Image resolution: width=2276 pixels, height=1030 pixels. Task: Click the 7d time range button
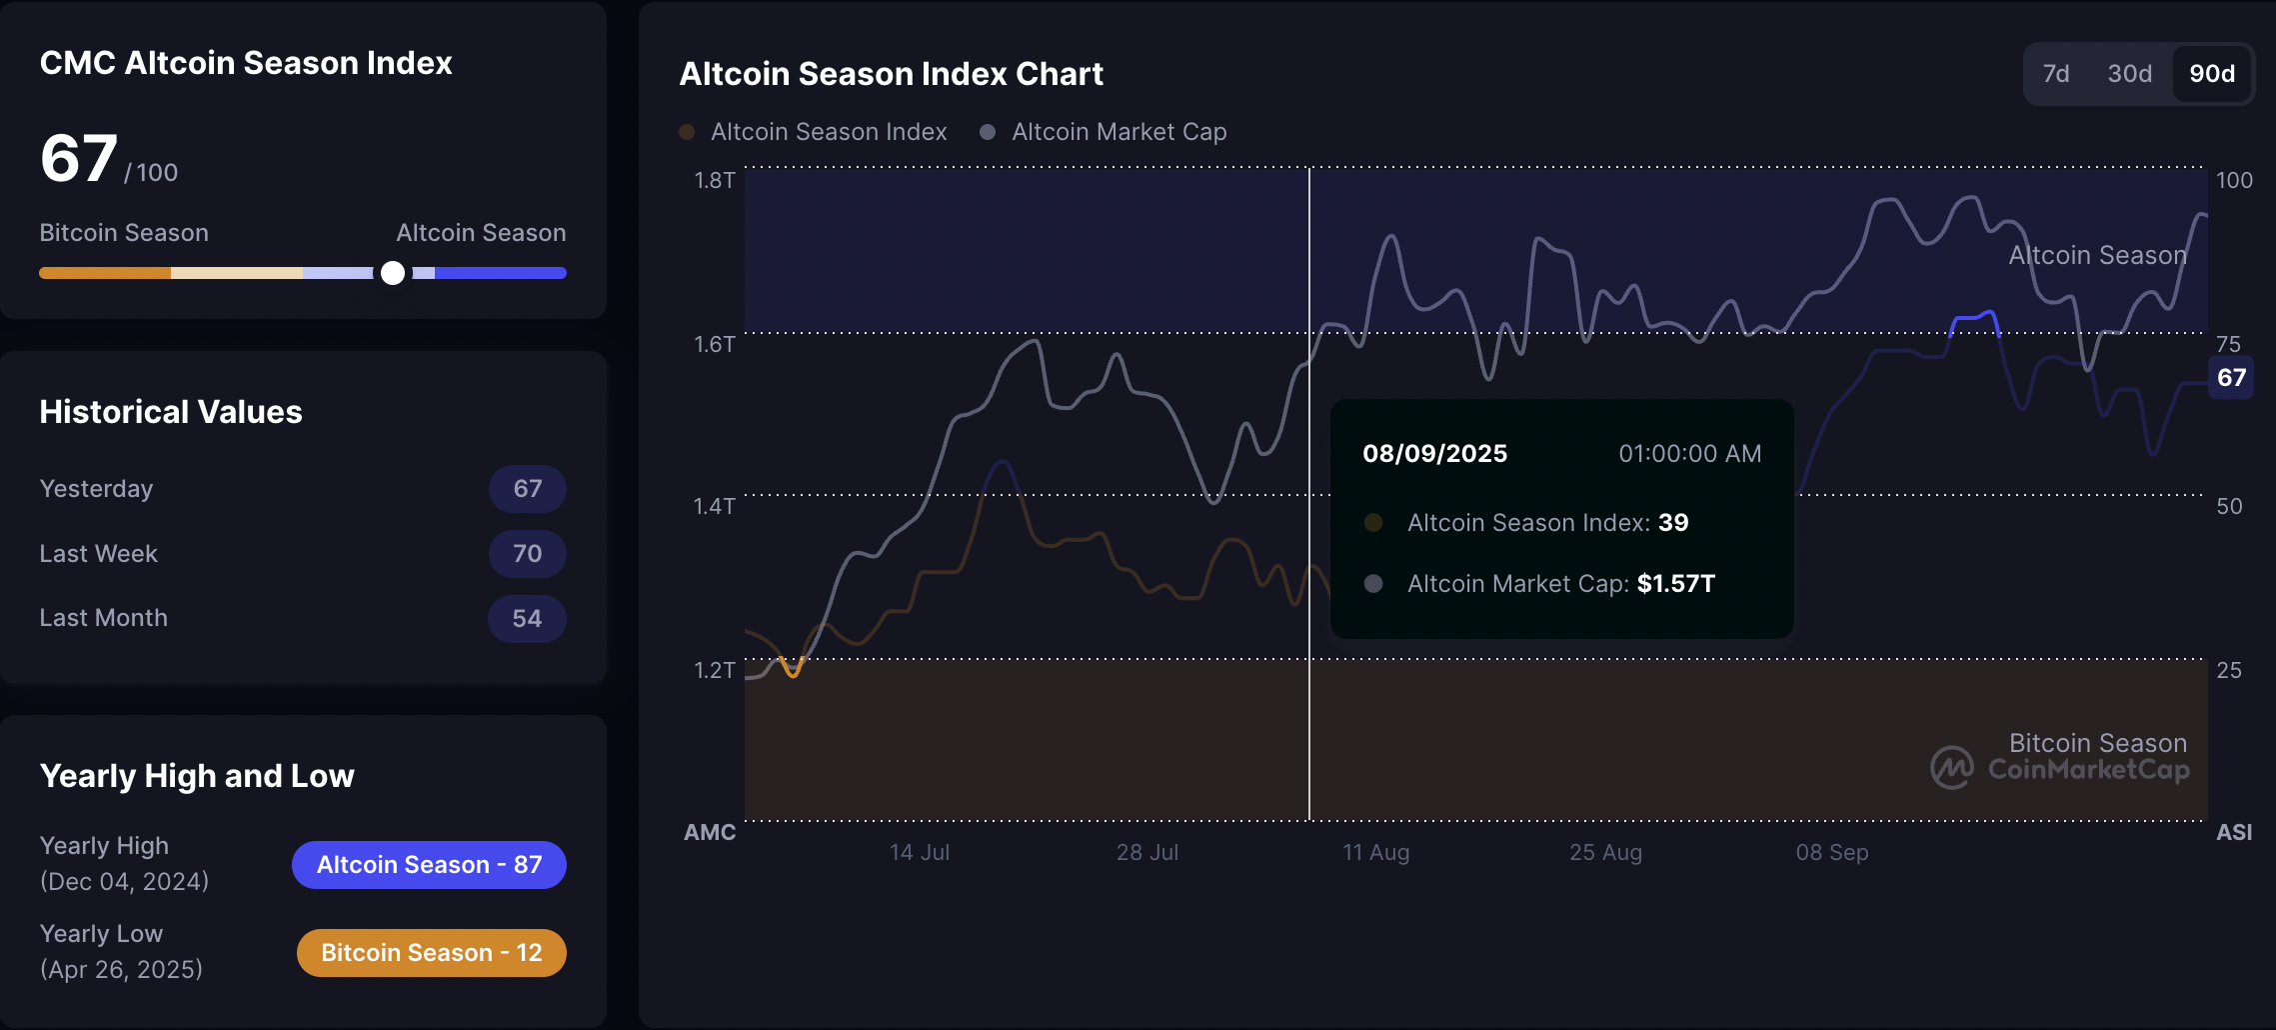click(x=2055, y=74)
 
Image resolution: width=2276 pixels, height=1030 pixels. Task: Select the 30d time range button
click(x=2129, y=74)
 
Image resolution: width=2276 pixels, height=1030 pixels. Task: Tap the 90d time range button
click(x=2211, y=74)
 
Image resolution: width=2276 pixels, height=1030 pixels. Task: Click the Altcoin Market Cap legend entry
click(x=1118, y=132)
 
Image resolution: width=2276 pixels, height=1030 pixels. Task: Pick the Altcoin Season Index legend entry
click(x=828, y=132)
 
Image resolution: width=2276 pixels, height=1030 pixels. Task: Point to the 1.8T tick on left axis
click(x=714, y=181)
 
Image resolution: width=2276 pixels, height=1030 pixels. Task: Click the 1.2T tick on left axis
click(x=714, y=670)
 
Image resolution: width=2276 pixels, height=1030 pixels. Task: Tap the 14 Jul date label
click(x=919, y=853)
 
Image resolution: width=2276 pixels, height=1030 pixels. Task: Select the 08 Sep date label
click(x=1831, y=853)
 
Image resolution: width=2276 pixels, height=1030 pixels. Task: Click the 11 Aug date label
click(x=1375, y=853)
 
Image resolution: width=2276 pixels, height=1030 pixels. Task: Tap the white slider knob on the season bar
click(x=393, y=273)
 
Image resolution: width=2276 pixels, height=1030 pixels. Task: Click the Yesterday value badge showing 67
click(x=527, y=489)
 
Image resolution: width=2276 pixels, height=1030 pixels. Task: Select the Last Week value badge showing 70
click(x=527, y=554)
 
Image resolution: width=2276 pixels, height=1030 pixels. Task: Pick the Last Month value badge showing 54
click(x=527, y=618)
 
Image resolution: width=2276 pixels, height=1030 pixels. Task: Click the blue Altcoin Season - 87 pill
click(x=429, y=865)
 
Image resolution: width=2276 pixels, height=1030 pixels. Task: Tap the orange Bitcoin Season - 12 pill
click(x=431, y=953)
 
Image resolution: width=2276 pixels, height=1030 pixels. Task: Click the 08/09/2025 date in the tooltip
click(x=1434, y=454)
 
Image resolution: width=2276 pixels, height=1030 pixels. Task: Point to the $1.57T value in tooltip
click(x=1675, y=584)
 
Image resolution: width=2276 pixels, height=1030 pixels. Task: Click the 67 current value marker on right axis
click(x=2231, y=378)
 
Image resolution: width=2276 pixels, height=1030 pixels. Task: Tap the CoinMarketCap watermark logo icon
click(x=1951, y=768)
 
